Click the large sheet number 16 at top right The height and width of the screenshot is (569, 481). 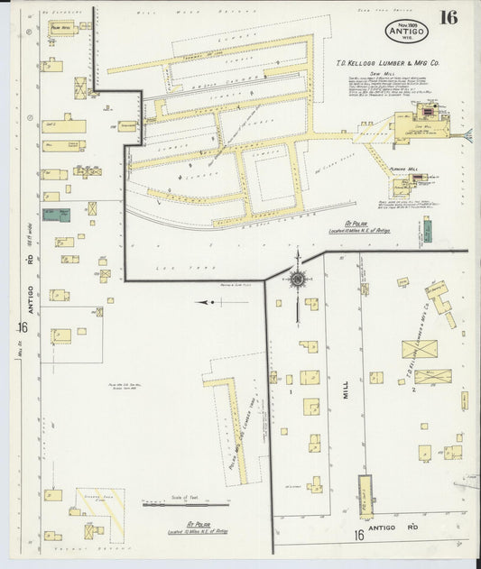(448, 17)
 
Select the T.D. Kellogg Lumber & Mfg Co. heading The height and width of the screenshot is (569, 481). (387, 64)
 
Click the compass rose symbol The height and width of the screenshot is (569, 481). (299, 277)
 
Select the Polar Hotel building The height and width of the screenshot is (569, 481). (60, 30)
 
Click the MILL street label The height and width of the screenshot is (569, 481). (345, 391)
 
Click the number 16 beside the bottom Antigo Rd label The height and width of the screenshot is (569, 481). (358, 536)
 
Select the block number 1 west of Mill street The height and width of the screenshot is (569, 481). (291, 392)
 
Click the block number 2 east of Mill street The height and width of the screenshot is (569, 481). (412, 390)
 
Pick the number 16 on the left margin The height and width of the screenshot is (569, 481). (22, 326)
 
